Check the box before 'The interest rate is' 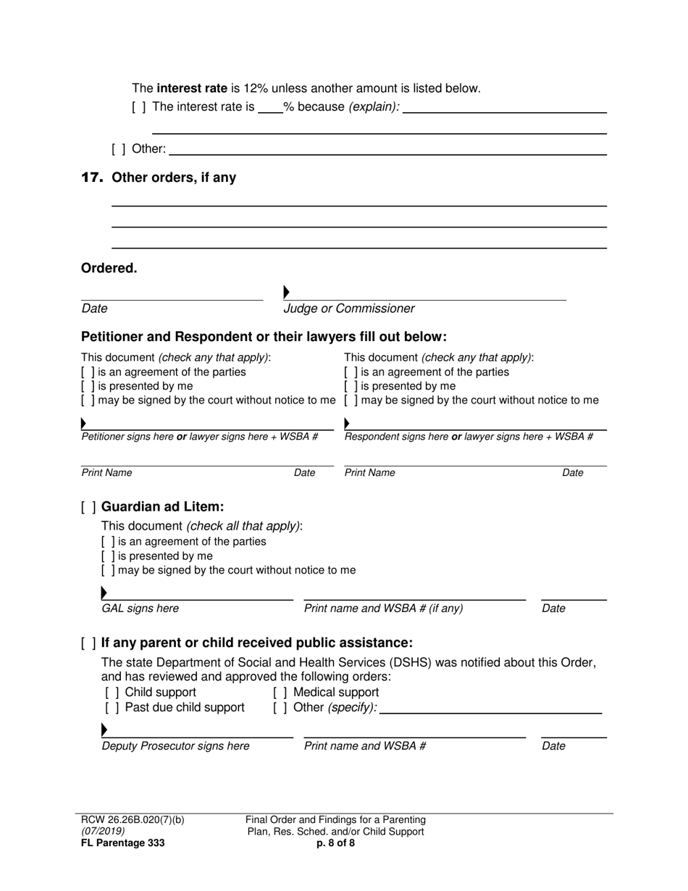pyautogui.click(x=138, y=107)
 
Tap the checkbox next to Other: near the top pyautogui.click(x=118, y=150)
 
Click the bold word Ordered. pyautogui.click(x=109, y=268)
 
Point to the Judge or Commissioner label pyautogui.click(x=349, y=309)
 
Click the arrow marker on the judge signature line pyautogui.click(x=287, y=292)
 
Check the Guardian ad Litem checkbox pyautogui.click(x=88, y=507)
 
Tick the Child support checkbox pyautogui.click(x=112, y=693)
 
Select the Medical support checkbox pyautogui.click(x=280, y=693)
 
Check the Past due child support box pyautogui.click(x=112, y=708)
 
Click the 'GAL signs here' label pyautogui.click(x=140, y=608)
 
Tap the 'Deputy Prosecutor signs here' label pyautogui.click(x=175, y=746)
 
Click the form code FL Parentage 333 pyautogui.click(x=122, y=843)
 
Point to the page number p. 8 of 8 pyautogui.click(x=335, y=843)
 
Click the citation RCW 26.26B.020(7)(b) pyautogui.click(x=133, y=820)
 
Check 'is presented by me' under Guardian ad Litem pyautogui.click(x=108, y=556)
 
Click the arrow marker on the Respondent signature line pyautogui.click(x=347, y=423)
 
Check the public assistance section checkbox pyautogui.click(x=88, y=643)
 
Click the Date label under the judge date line pyautogui.click(x=94, y=309)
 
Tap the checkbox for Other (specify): pyautogui.click(x=280, y=708)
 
